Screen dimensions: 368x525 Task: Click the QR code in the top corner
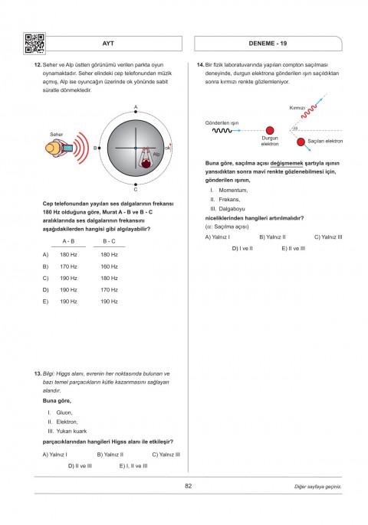(x=34, y=44)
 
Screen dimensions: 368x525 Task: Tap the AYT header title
(x=108, y=44)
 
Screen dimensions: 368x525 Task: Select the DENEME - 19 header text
(x=268, y=44)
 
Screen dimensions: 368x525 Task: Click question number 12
(x=38, y=64)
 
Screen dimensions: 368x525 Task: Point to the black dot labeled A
(x=136, y=112)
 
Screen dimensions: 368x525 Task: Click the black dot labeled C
(x=136, y=184)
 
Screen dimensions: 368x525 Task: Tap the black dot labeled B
(x=100, y=148)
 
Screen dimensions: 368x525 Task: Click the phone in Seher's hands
(x=67, y=148)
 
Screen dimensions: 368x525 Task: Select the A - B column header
(x=68, y=241)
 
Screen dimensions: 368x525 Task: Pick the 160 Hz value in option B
(x=109, y=266)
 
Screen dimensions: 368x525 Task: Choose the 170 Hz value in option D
(x=109, y=289)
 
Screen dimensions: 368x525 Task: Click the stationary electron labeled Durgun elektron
(x=270, y=130)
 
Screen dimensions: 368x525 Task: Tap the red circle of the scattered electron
(x=301, y=142)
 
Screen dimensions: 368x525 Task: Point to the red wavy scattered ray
(x=309, y=112)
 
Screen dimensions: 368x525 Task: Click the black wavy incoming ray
(x=222, y=130)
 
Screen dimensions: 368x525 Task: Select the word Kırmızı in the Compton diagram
(x=297, y=108)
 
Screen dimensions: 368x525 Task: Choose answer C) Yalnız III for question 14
(x=328, y=237)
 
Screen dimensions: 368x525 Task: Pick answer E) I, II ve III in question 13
(x=133, y=466)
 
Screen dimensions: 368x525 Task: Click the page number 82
(x=188, y=486)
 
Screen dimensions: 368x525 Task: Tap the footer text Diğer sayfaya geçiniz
(x=317, y=487)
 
